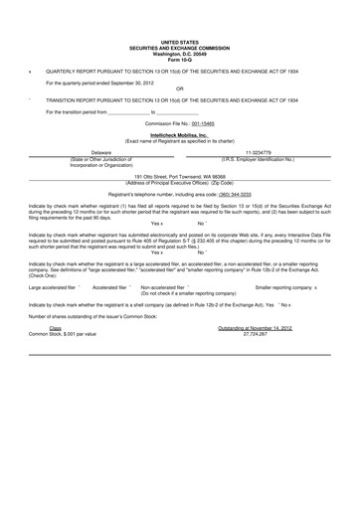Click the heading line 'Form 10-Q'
(179, 60)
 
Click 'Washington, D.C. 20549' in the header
(179, 55)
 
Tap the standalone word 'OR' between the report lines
(179, 88)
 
